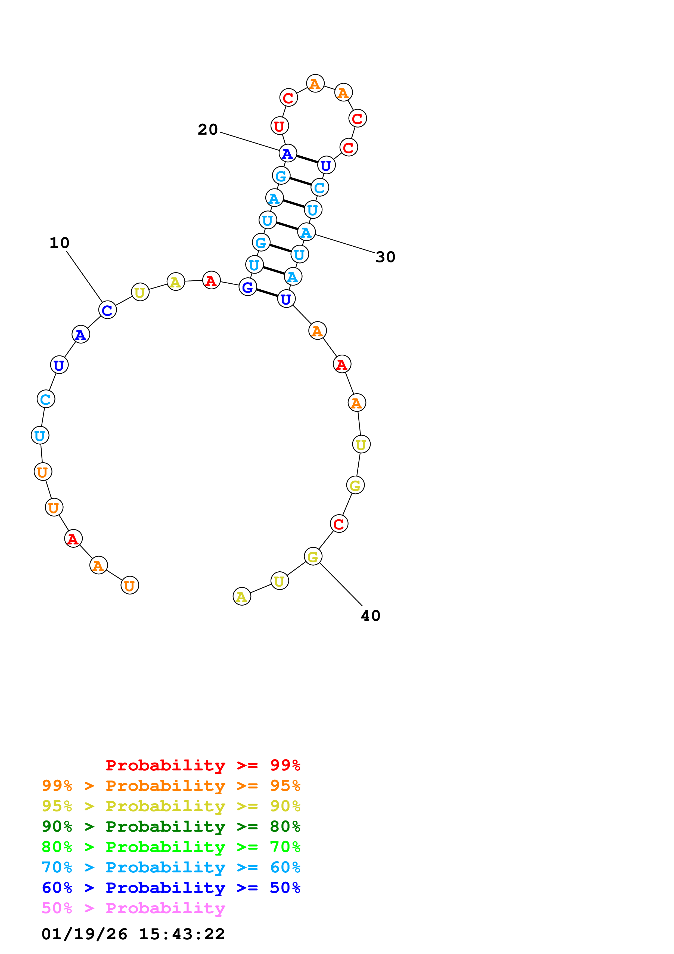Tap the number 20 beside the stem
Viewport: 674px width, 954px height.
coord(208,130)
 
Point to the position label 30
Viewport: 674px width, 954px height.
coord(385,257)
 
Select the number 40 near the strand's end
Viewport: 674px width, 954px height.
coord(370,616)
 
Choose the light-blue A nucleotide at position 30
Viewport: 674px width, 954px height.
coord(306,232)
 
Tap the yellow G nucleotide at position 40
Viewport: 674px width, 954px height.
coord(313,556)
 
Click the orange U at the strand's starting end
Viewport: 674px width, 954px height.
coord(130,586)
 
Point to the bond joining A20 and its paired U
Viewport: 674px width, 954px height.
coord(307,159)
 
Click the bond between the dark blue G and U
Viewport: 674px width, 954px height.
coord(267,293)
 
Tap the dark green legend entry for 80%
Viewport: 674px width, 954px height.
coord(171,826)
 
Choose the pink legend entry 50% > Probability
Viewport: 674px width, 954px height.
coord(133,908)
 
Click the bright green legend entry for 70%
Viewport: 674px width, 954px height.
coord(171,847)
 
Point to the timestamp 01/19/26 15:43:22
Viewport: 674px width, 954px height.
coord(133,934)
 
